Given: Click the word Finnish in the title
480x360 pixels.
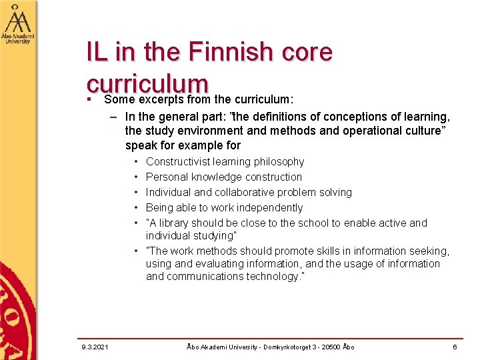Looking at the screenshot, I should tap(230, 51).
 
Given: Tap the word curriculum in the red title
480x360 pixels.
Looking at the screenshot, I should tap(147, 85).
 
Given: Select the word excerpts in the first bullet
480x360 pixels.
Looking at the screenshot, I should tap(163, 100).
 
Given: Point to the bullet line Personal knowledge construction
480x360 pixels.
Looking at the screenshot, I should tap(223, 177).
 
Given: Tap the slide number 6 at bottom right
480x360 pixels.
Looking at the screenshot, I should tap(455, 347).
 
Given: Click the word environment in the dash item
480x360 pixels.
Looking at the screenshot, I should tap(207, 131).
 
